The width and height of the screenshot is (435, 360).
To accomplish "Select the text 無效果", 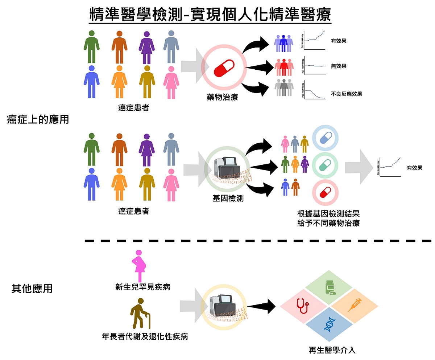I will click(339, 66).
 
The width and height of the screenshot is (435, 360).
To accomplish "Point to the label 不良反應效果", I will click(346, 94).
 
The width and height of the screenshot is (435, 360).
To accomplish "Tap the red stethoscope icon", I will click(302, 305).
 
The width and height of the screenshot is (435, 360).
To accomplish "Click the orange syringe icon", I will click(355, 304).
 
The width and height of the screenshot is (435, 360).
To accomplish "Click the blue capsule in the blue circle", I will click(325, 139).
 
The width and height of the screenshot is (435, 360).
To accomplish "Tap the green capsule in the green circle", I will click(325, 166).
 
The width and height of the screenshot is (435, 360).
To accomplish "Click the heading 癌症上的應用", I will click(38, 120).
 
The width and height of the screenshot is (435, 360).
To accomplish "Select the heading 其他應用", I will click(32, 289).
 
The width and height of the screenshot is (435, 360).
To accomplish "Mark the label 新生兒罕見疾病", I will click(142, 287).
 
